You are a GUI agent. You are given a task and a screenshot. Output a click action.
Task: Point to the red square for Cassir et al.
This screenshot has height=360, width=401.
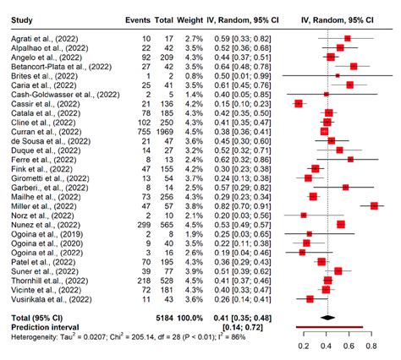click(298, 103)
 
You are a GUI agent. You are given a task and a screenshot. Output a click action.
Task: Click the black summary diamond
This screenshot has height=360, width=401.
click(329, 317)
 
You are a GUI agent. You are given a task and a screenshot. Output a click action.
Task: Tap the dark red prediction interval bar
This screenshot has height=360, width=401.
click(331, 326)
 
